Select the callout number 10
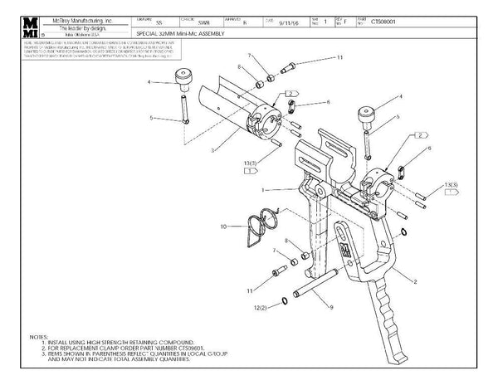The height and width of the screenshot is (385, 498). coord(222,227)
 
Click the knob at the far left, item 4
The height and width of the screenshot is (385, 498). coord(180,79)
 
